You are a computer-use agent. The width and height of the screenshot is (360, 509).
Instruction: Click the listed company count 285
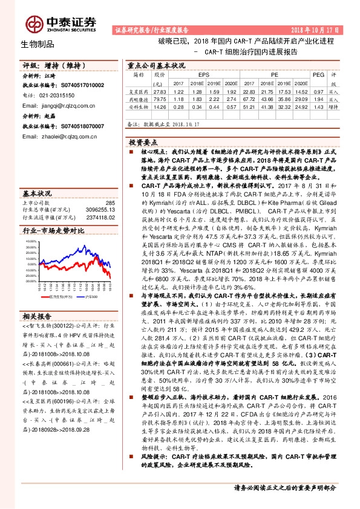coord(110,204)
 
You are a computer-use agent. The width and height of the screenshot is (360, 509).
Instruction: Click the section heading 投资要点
coord(143,140)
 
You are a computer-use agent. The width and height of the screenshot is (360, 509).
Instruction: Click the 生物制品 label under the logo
coord(38,44)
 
